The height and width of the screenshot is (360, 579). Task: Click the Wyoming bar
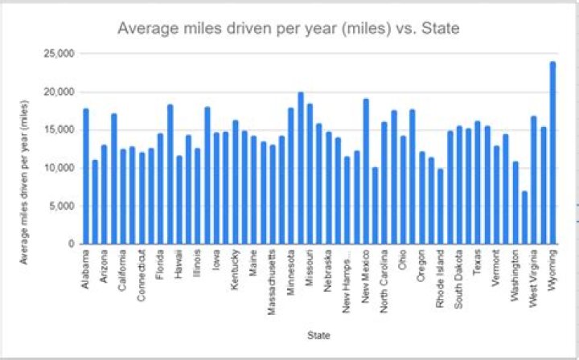(552, 153)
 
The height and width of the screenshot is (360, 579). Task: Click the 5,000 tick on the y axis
(62, 206)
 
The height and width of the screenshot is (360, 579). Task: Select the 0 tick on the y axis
(71, 243)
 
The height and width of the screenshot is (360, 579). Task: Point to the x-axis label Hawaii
(179, 266)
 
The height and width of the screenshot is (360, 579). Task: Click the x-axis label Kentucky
(235, 270)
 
